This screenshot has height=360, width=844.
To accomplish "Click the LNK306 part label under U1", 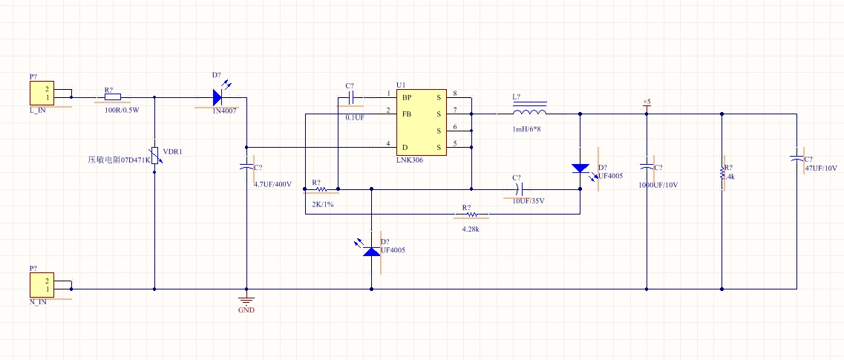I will [410, 160].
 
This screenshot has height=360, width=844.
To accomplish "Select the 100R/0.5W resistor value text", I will [122, 110].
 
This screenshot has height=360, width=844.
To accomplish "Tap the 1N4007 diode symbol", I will [217, 96].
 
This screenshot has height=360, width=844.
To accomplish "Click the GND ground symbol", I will [246, 301].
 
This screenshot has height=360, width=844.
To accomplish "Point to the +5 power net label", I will [646, 102].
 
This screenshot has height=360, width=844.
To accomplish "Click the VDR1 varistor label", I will [172, 151].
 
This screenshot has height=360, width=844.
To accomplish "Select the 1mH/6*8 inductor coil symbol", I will [529, 112].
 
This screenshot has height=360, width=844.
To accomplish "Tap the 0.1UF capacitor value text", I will [355, 117].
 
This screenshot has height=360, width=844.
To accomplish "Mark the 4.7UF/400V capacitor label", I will [272, 183].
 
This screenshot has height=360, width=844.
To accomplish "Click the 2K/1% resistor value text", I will [322, 204].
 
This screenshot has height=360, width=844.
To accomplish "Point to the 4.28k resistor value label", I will [471, 229].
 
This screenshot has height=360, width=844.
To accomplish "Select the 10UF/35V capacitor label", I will [529, 200].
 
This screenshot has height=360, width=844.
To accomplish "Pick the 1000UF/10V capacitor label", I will [658, 184].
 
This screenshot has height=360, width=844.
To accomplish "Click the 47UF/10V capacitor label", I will [821, 168].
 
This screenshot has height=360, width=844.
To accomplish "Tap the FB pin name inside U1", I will [407, 114].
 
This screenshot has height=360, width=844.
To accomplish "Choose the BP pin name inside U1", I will [407, 97].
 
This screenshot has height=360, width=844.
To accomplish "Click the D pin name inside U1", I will [405, 146].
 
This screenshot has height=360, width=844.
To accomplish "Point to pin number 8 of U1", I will [454, 94].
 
